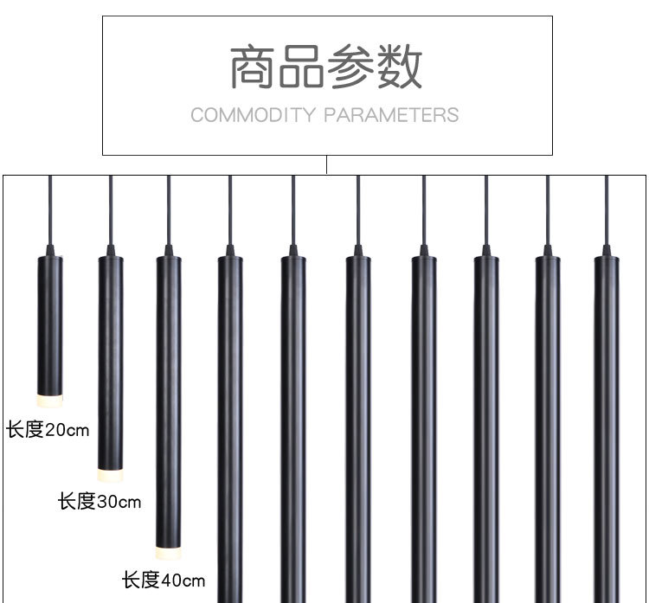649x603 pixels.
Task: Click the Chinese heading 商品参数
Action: pyautogui.click(x=326, y=68)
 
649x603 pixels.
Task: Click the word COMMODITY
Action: pyautogui.click(x=253, y=115)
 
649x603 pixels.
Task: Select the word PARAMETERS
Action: pyautogui.click(x=392, y=115)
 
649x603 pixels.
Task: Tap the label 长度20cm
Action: pyautogui.click(x=48, y=429)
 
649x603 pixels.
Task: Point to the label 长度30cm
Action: pyautogui.click(x=100, y=502)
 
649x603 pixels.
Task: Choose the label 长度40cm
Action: pyautogui.click(x=164, y=580)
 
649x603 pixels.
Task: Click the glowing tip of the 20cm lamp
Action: pyautogui.click(x=49, y=401)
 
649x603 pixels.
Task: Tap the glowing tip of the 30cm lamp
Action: pyautogui.click(x=110, y=474)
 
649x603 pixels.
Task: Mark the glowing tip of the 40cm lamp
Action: pyautogui.click(x=169, y=551)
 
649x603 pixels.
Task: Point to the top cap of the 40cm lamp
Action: pyautogui.click(x=169, y=251)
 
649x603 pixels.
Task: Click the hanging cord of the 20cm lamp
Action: pyautogui.click(x=49, y=208)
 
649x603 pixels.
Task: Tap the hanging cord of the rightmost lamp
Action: pyautogui.click(x=607, y=208)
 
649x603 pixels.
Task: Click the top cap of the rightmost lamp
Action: pyautogui.click(x=607, y=251)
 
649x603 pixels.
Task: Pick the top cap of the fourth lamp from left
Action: pyautogui.click(x=230, y=251)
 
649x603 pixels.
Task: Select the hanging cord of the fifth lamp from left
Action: pyautogui.click(x=293, y=208)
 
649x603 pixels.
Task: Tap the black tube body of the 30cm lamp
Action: pyautogui.click(x=110, y=363)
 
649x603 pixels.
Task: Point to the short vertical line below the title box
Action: pyautogui.click(x=326, y=164)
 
